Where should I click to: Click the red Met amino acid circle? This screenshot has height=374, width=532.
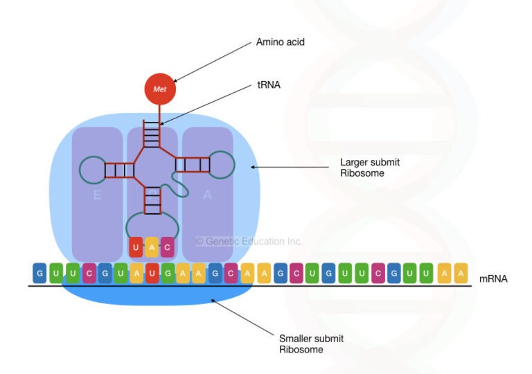(160, 90)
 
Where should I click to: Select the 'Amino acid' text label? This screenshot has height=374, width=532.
(280, 42)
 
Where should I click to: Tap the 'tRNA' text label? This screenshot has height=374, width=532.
(269, 87)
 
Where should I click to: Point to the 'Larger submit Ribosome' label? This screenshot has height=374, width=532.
(369, 168)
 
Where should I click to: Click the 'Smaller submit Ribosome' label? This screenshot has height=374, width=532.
(311, 344)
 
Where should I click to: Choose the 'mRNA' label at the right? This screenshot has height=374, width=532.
(493, 279)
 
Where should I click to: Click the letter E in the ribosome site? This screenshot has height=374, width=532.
(97, 195)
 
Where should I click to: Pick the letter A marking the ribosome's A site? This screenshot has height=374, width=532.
(207, 195)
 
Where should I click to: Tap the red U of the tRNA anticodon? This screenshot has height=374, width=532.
(136, 246)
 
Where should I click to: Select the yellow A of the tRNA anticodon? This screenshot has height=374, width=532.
(152, 246)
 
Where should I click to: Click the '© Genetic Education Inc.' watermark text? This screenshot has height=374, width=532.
(249, 242)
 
